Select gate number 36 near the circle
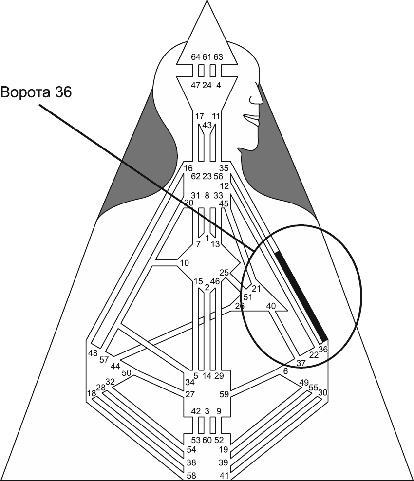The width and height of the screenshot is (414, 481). point(323,349)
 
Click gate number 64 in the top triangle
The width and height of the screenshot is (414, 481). point(196,57)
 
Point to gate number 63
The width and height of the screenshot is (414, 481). point(218,57)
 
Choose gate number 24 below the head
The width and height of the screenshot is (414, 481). point(207,85)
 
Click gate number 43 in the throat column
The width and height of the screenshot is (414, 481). point(207,125)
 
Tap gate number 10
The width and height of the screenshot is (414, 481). point(185,263)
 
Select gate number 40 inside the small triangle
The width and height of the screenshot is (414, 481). point(271,306)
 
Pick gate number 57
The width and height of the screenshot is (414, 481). point(104,360)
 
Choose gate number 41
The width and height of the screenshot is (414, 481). point(224,475)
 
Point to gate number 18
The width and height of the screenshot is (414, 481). point(91,393)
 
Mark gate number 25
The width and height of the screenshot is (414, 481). point(224,272)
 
